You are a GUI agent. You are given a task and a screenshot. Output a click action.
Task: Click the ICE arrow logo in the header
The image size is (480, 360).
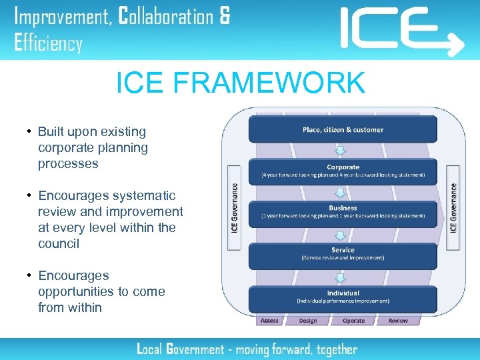pyautogui.click(x=401, y=31)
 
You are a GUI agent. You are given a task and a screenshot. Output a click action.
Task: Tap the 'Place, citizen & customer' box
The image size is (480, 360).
pyautogui.click(x=343, y=129)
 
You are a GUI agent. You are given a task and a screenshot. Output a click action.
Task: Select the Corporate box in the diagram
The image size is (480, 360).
pyautogui.click(x=343, y=171)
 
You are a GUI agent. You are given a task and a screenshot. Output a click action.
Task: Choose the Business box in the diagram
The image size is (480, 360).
pyautogui.click(x=343, y=212)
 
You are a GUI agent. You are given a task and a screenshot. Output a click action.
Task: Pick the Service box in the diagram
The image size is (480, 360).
pyautogui.click(x=343, y=254)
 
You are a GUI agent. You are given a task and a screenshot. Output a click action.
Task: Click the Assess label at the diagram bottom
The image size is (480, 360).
pyautogui.click(x=269, y=321)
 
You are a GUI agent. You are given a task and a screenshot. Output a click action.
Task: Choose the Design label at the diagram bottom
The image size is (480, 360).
pyautogui.click(x=308, y=321)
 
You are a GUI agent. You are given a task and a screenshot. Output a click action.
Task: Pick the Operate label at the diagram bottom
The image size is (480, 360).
pyautogui.click(x=353, y=321)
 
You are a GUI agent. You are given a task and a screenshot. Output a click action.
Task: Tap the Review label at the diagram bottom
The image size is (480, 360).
pyautogui.click(x=398, y=321)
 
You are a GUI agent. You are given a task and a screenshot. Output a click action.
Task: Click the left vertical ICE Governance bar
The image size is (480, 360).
pyautogui.click(x=234, y=207)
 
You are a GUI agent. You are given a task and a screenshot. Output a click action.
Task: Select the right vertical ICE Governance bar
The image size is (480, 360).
pyautogui.click(x=453, y=207)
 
